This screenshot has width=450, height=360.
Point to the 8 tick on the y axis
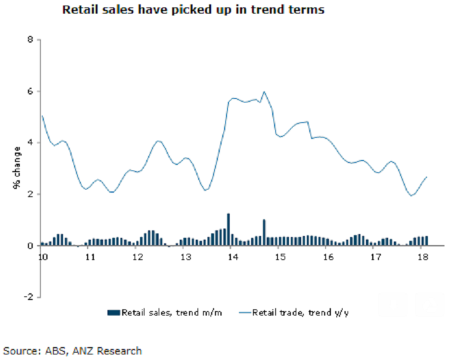pos(29,40)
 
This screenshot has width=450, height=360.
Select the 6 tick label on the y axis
pos(29,91)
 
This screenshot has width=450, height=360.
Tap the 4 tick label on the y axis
pos(29,143)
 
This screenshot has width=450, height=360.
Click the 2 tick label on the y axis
pos(29,195)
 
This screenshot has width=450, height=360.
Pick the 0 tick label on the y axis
pos(29,246)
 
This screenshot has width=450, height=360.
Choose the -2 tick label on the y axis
pos(27,297)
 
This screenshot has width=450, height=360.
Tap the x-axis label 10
pos(42,256)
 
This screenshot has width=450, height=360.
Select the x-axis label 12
pos(137,256)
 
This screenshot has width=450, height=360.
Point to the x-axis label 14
pos(232,256)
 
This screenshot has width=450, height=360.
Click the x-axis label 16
pos(327,256)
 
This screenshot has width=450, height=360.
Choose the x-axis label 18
pos(422,256)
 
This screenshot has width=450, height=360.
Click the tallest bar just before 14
pos(228,229)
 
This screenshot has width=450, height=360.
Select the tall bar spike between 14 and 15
pos(264,232)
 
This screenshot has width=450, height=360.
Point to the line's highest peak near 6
pos(264,92)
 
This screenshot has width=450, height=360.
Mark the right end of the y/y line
pos(427,177)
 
